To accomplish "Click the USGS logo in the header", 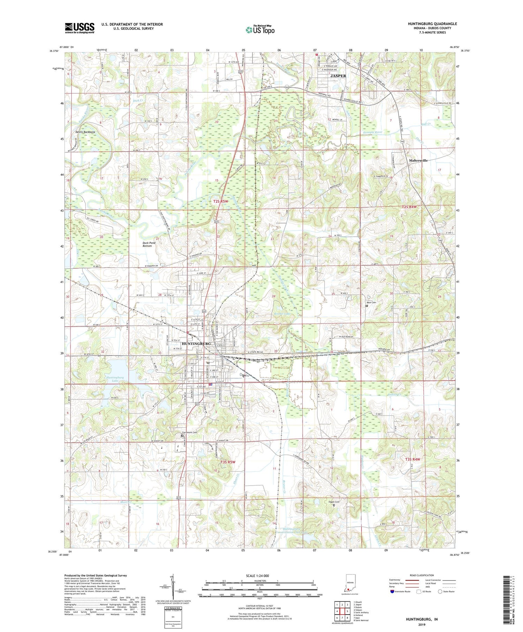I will click(79, 28).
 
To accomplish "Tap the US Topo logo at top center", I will click(260, 30).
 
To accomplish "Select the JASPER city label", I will click(338, 76).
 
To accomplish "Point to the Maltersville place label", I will click(418, 160).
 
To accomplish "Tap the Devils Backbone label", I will click(85, 132).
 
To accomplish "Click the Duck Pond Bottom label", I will click(149, 244).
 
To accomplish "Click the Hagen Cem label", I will click(334, 502).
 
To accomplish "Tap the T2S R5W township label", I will click(220, 201).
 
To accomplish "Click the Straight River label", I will click(372, 132).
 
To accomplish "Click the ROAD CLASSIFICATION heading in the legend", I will click(422, 575).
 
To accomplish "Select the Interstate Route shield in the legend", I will click(393, 592).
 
